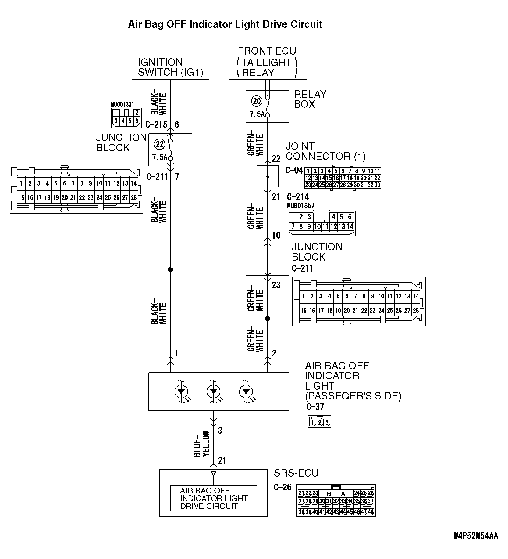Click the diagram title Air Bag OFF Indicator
[x=225, y=24]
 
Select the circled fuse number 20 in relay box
[x=257, y=101]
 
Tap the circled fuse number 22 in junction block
[x=160, y=144]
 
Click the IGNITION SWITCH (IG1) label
[x=170, y=67]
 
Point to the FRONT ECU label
[x=267, y=51]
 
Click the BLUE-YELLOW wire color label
[x=201, y=444]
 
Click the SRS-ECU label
[x=296, y=473]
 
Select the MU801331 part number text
[x=122, y=104]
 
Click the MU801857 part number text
[x=301, y=206]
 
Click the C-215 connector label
[x=156, y=124]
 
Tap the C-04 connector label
[x=294, y=170]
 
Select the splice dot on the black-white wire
[x=170, y=269]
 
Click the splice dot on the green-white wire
[x=267, y=319]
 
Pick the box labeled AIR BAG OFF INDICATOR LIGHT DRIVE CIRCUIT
[x=213, y=498]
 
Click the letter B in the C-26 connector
[x=329, y=494]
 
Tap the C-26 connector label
[x=282, y=487]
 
